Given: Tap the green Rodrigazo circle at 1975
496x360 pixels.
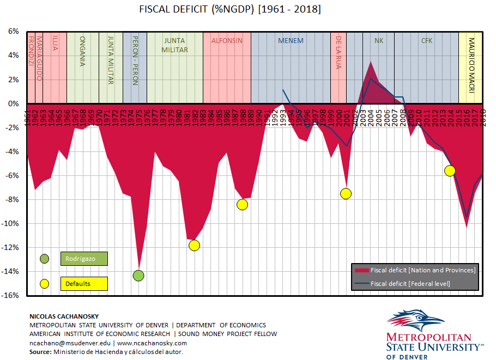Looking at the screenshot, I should tap(138, 276).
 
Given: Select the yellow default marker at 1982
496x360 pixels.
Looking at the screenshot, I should tap(194, 245).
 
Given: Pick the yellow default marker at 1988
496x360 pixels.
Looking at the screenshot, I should tap(243, 204).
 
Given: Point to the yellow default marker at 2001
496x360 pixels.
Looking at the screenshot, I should tap(346, 193).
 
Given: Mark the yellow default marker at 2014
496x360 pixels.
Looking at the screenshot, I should tap(450, 170).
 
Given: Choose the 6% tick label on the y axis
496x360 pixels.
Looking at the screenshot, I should tap(14, 32).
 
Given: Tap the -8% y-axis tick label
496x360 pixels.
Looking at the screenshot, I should tap(13, 200).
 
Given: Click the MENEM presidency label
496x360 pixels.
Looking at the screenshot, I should tap(291, 41).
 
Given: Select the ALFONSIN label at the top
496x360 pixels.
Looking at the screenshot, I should tap(227, 41).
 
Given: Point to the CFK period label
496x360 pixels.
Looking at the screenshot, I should tap(426, 41).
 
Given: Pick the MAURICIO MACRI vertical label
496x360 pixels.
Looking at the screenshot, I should tap(472, 60).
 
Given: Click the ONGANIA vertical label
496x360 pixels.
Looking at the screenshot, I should tap(82, 51).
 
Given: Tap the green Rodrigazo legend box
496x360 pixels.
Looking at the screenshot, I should tap(84, 259).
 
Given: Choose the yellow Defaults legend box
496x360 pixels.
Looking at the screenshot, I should tap(84, 284).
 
